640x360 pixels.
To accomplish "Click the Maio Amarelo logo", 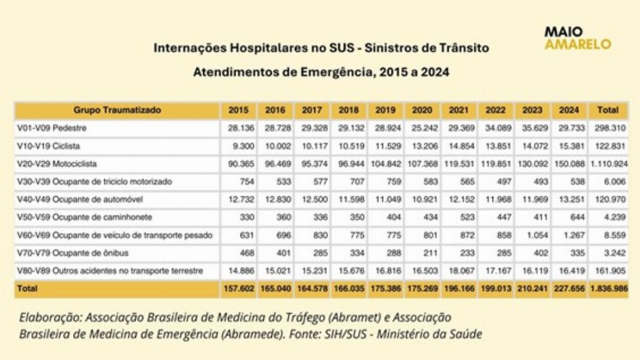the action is tap(577, 38).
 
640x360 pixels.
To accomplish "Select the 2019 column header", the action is tap(385, 110).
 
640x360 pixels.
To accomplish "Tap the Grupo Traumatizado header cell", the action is tap(117, 110).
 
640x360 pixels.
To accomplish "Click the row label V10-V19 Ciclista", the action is tap(49, 146).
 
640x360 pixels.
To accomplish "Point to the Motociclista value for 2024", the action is tap(569, 164).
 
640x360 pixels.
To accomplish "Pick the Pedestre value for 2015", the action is tap(241, 128).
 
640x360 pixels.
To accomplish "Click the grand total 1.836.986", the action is tap(609, 289).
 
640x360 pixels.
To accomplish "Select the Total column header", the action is tap(607, 110).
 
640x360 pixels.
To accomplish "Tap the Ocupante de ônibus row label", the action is tap(72, 253).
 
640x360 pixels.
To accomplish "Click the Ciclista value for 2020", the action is tap(424, 146).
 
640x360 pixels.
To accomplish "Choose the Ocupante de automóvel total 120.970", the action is tap(610, 199).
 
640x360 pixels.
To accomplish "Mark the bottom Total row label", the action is tap(27, 289).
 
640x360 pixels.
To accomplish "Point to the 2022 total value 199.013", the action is tap(496, 289).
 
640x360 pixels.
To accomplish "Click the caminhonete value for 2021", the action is tap(467, 217).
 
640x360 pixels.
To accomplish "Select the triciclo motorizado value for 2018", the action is tap(357, 182).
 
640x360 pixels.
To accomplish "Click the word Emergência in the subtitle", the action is tap(336, 72).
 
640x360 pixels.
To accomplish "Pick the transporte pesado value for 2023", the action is tap(535, 236).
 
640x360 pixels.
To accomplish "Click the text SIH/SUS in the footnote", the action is tap(344, 334).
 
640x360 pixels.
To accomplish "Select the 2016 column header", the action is tap(275, 110).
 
